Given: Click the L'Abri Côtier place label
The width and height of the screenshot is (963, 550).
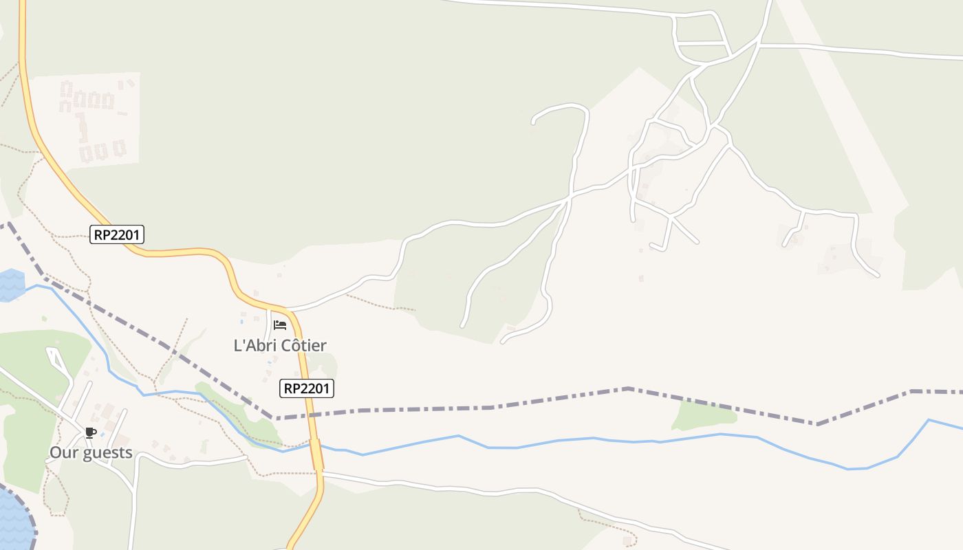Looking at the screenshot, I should pos(280,345).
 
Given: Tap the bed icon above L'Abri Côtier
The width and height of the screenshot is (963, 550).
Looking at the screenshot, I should pos(280,325).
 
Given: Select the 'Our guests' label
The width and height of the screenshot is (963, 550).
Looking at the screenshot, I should pos(91,452).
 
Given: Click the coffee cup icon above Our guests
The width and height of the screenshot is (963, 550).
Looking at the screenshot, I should pos(90,432).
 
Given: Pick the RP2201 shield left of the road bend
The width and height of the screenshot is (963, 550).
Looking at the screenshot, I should pos(117,234).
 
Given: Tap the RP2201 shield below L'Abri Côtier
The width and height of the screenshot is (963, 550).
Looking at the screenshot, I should pos(307,388).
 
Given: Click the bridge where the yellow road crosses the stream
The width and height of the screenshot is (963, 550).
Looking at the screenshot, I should pos(316,454).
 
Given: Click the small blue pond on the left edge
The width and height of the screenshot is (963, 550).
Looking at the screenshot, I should pos(10,285).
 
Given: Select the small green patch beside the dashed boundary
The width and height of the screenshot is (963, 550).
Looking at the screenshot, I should pos(703,415).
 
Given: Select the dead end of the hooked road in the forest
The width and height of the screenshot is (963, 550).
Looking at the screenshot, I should pos(534,122).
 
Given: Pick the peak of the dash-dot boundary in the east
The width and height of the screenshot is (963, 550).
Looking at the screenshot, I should pos(628,388).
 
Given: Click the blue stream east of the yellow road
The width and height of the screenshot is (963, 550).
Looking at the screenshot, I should pos(550,441).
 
